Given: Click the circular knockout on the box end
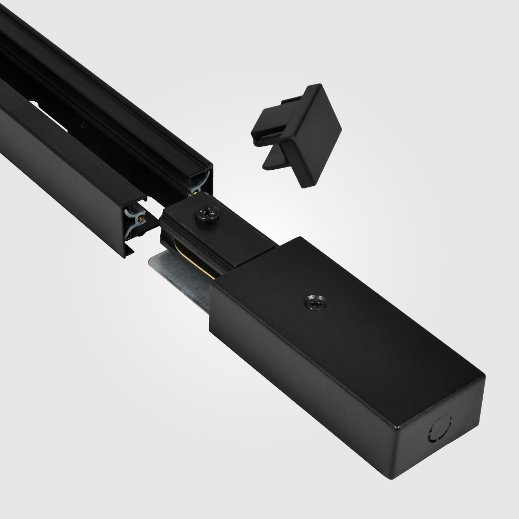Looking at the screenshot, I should [439, 428].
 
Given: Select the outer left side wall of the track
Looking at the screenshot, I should [57, 166].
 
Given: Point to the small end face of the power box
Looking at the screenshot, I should [441, 431].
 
